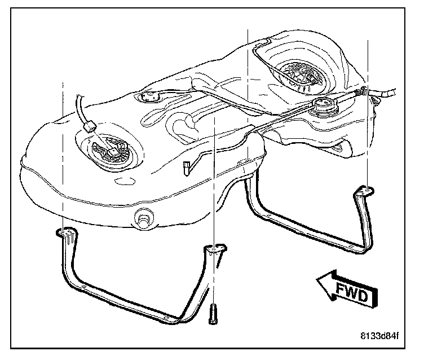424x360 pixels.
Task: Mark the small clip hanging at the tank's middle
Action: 186,167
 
